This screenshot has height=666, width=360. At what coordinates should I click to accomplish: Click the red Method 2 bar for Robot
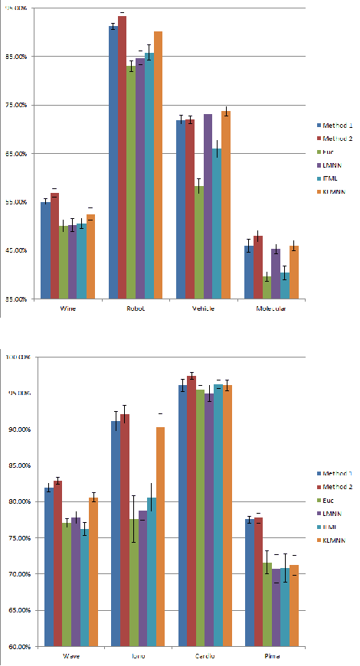pyautogui.click(x=123, y=157)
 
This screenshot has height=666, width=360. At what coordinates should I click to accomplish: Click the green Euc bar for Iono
pyautogui.click(x=133, y=583)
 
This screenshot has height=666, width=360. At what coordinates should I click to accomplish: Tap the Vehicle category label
pyautogui.click(x=204, y=309)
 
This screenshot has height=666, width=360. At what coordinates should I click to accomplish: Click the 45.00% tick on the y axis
pyautogui.click(x=16, y=250)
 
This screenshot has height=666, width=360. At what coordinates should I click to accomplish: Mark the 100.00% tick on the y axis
pyautogui.click(x=16, y=357)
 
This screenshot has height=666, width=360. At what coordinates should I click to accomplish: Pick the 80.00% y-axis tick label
pyautogui.click(x=16, y=501)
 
